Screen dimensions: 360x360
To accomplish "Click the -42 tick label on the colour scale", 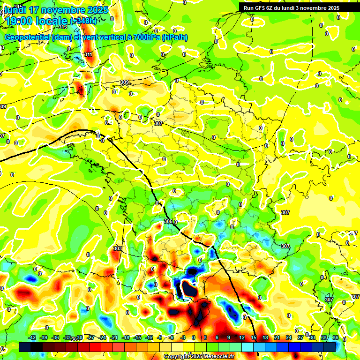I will pos(32,338).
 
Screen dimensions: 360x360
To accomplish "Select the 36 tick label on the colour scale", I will pos(335,338).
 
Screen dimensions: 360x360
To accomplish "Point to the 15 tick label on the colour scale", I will pos(254,338).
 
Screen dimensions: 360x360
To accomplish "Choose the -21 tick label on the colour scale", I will pos(113,338).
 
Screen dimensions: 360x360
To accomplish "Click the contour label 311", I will pos(88,55).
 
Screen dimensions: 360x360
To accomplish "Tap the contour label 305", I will pos(168,221).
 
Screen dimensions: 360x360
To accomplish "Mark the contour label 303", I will pos(118,248).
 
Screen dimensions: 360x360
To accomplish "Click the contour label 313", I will pos(63,40).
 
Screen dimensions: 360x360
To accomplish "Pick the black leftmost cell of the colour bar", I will pos(25,347).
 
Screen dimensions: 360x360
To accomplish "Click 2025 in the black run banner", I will pos(333,8).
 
